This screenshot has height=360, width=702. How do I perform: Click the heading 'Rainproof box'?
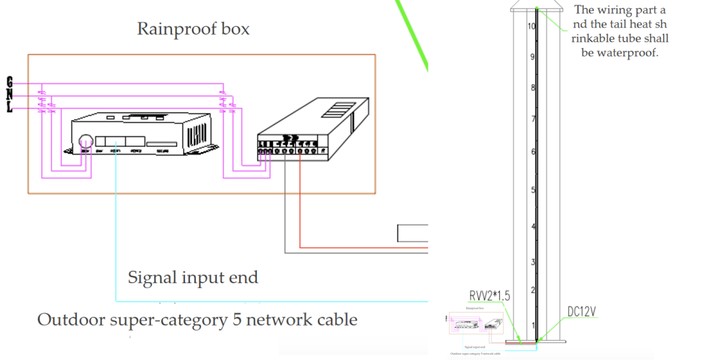[x=193, y=29]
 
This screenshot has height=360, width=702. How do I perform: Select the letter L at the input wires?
[x=10, y=108]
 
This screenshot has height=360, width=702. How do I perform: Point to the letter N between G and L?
[x=10, y=95]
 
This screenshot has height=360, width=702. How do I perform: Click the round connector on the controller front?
[x=86, y=142]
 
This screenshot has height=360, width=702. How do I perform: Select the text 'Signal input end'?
[x=193, y=278]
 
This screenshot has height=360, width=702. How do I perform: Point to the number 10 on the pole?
[x=531, y=27]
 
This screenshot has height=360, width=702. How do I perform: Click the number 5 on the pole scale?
[x=531, y=191]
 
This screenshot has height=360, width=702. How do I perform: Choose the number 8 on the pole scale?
[x=531, y=88]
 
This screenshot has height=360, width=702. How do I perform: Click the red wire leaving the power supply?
[x=300, y=206]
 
